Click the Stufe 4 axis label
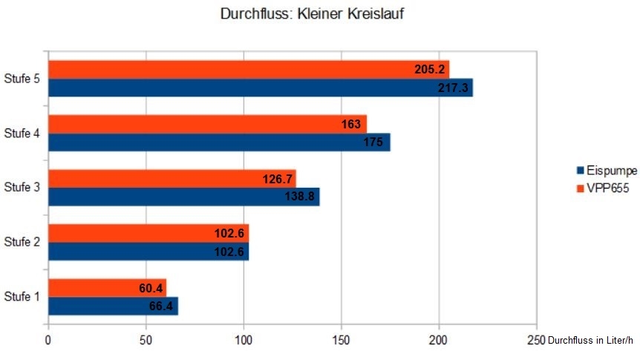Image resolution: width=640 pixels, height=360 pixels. [x=22, y=134]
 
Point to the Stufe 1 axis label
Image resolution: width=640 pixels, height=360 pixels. [x=22, y=297]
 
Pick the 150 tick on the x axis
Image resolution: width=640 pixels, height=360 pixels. [x=342, y=341]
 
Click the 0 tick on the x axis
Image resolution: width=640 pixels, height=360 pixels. [x=48, y=341]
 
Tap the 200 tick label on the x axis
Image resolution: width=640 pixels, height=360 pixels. [x=439, y=341]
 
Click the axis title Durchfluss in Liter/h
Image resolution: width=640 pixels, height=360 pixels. [x=590, y=341]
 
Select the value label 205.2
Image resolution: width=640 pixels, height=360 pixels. [x=430, y=70]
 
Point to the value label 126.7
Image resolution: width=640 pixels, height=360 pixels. [x=278, y=179]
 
